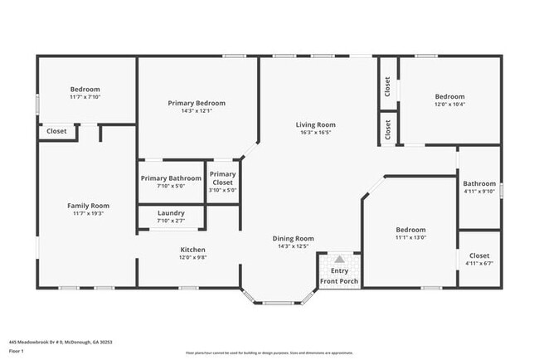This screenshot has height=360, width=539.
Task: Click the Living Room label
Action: pos(316,125)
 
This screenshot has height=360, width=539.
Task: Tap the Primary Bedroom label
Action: pos(197,103)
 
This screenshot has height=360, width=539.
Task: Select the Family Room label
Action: pos(88,206)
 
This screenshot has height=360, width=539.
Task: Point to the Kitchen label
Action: pos(193,250)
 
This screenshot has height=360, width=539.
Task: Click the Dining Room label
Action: pos(294,238)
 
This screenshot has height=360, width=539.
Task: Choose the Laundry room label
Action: pos(171,213)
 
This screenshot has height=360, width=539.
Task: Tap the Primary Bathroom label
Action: pos(171,178)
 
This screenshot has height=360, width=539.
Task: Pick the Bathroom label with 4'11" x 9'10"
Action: pos(479,184)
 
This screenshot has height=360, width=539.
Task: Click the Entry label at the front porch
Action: pos(339,270)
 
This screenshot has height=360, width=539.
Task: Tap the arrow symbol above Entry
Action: pos(339,259)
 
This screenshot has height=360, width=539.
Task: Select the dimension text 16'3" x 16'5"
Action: pos(316,133)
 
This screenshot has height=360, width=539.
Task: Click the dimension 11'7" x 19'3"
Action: pos(88,213)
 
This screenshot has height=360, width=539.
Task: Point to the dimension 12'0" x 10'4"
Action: pos(450,104)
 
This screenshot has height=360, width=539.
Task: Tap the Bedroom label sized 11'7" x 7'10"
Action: pos(85,90)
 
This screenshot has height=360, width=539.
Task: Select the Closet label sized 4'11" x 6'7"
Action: pos(479,255)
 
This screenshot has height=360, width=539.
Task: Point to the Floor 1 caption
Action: pos(17,351)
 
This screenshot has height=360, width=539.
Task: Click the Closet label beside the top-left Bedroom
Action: pos(56,131)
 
